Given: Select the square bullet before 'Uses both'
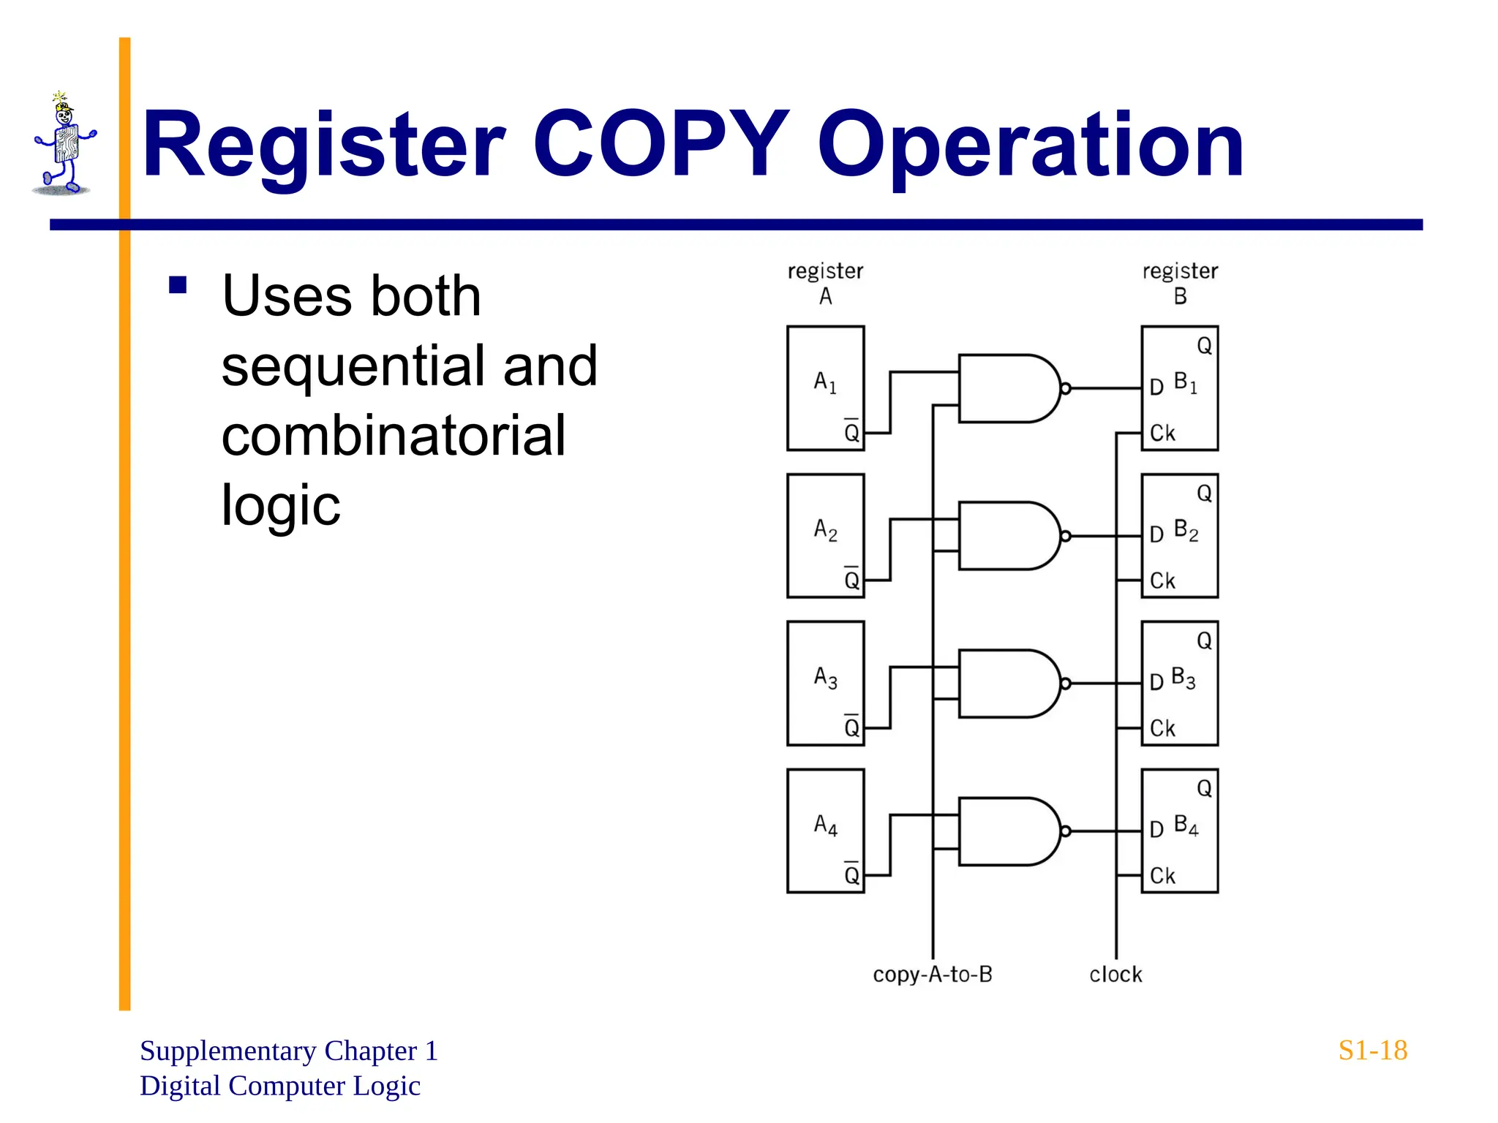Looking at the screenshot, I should pyautogui.click(x=178, y=284).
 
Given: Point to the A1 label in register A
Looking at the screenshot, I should pyautogui.click(x=824, y=382).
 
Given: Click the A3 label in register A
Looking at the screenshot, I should pyautogui.click(x=825, y=677).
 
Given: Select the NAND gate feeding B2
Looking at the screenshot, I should pyautogui.click(x=1006, y=536).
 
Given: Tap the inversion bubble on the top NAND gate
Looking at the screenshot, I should pyautogui.click(x=1065, y=389).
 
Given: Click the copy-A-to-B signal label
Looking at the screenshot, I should pyautogui.click(x=933, y=975).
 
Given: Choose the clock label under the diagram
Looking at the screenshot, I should pyautogui.click(x=1115, y=975).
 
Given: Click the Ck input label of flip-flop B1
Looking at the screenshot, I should pyautogui.click(x=1162, y=433).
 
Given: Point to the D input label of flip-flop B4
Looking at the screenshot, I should pyautogui.click(x=1156, y=830).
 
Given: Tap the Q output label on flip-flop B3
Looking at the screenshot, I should pyautogui.click(x=1204, y=641).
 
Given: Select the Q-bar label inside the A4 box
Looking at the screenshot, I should pyautogui.click(x=851, y=874).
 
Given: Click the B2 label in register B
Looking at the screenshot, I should pyautogui.click(x=1186, y=530).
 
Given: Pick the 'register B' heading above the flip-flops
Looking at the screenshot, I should pyautogui.click(x=1180, y=283).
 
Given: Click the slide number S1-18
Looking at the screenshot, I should pyautogui.click(x=1372, y=1051).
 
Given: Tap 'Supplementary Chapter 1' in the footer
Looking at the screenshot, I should pyautogui.click(x=288, y=1051).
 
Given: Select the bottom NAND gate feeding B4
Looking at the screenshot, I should pyautogui.click(x=1006, y=831).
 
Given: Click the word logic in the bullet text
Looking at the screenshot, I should pyautogui.click(x=281, y=504).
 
